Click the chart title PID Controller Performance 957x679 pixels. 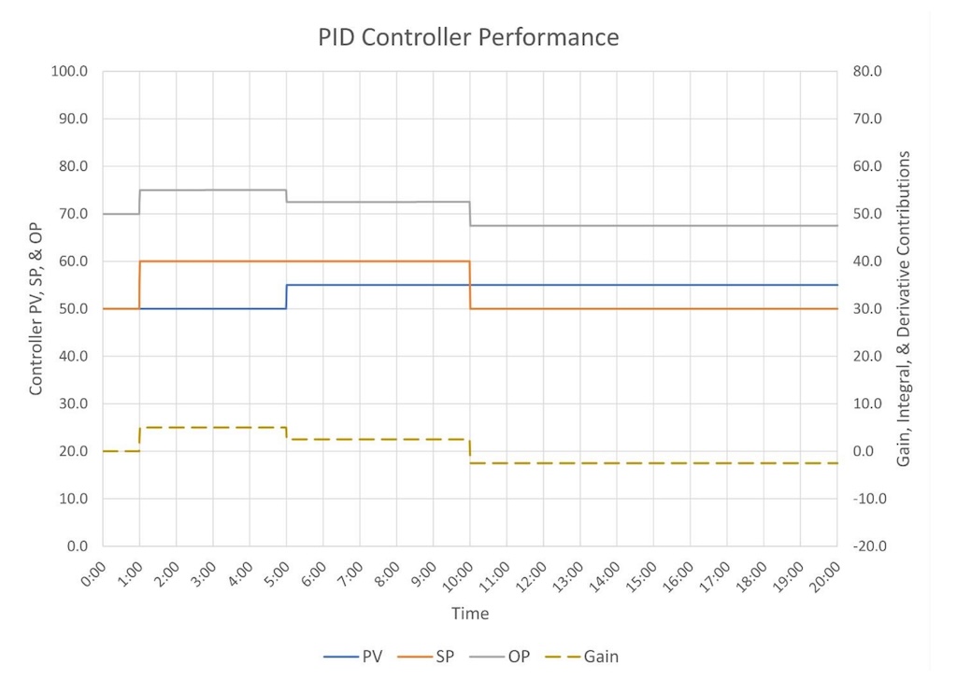(468, 37)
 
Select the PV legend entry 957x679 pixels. (372, 657)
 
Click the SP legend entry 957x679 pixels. (445, 657)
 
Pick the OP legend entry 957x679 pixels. (518, 657)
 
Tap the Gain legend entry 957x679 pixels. (600, 657)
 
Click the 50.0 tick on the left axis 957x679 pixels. (73, 308)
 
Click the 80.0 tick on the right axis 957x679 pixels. (865, 71)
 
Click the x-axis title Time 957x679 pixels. (470, 614)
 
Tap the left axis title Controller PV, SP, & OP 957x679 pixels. (36, 308)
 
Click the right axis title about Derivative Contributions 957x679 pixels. (905, 308)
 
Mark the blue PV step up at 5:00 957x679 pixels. (286, 296)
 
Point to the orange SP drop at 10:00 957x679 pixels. (470, 285)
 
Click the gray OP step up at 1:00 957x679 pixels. (139, 202)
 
